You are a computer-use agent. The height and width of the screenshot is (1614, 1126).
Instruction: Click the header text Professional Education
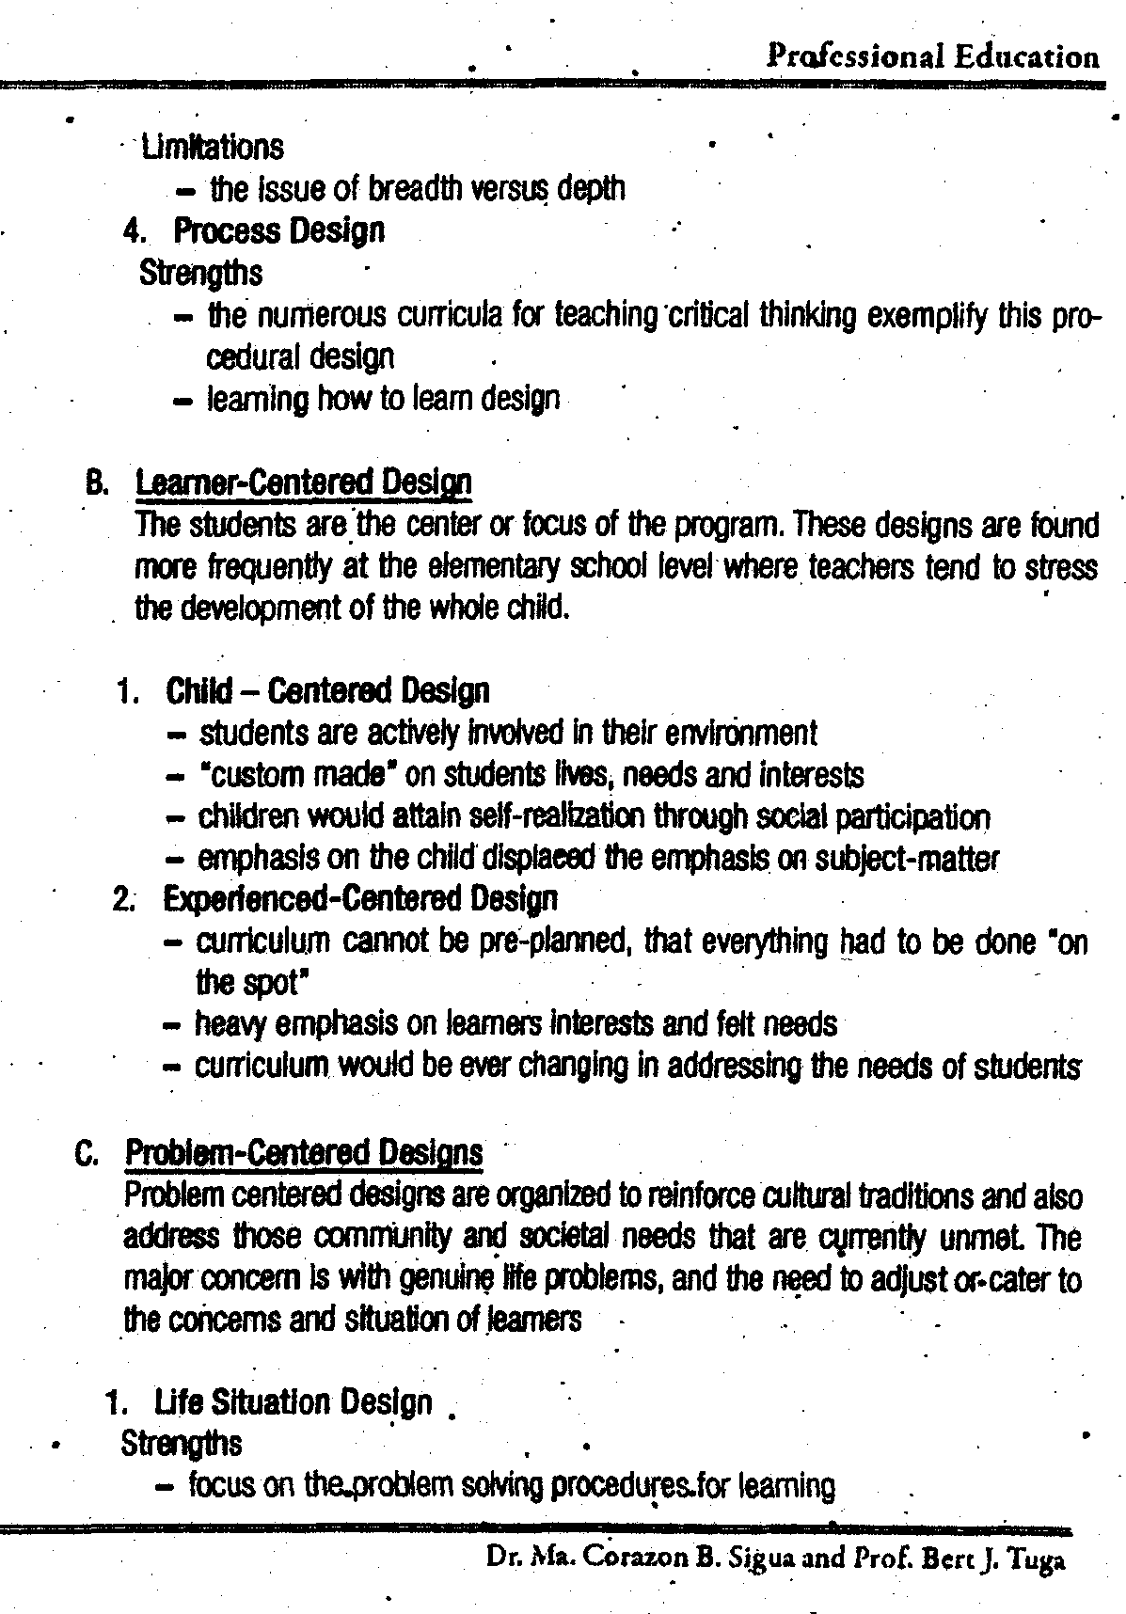point(932,57)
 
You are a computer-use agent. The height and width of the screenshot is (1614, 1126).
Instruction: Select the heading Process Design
point(279,230)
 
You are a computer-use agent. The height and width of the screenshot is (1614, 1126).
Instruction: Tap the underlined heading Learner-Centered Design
point(304,483)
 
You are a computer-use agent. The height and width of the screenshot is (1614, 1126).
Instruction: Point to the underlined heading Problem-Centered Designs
point(304,1151)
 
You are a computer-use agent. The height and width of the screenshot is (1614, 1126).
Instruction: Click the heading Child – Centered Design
point(327,691)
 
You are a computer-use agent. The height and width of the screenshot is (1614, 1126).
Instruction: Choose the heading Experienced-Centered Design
point(360,899)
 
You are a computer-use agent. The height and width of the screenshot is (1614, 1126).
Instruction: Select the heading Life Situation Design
point(293,1402)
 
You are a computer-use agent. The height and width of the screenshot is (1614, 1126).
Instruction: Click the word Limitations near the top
point(212,148)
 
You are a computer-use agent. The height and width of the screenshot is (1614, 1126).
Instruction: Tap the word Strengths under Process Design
point(200,273)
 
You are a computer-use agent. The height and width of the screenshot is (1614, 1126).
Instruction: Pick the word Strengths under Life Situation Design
point(182,1444)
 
